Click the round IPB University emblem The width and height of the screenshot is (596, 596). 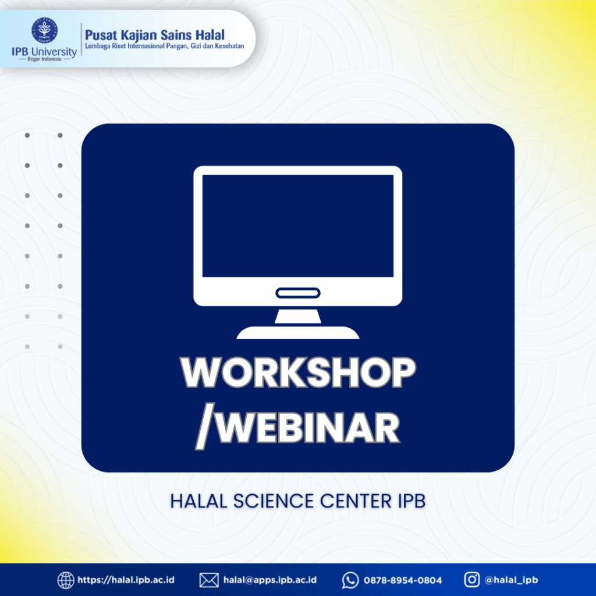coord(44,30)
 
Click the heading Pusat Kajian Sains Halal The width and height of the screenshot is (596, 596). coord(155,35)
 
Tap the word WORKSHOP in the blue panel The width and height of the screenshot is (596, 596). coord(298,372)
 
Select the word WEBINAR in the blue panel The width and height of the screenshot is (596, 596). coord(308,427)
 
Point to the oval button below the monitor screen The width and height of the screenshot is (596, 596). coord(298,293)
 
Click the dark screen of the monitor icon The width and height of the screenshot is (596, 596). coord(298,226)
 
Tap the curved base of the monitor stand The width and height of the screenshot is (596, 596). coord(298,332)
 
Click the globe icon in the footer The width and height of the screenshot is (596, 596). coord(65,580)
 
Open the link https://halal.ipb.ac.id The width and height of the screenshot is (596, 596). coord(126,580)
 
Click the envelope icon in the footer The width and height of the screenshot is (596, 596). coord(209,580)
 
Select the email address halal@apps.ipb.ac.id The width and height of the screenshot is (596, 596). coord(270,580)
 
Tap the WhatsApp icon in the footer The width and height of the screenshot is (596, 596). coord(350,580)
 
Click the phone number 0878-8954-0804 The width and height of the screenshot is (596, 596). coord(403,580)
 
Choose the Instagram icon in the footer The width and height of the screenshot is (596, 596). coord(471,580)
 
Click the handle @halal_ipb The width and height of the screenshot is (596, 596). coord(511,580)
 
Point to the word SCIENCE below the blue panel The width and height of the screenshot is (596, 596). coord(274,501)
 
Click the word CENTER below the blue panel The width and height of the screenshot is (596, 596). coord(356,501)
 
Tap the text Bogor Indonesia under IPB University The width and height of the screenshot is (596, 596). coord(44,59)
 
